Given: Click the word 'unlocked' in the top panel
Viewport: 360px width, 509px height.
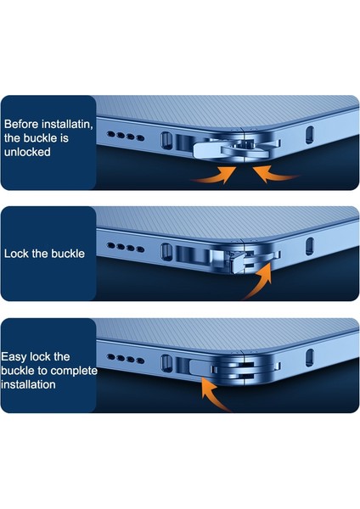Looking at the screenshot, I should point(27,154).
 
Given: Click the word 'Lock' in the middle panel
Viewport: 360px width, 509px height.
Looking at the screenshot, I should point(17,253).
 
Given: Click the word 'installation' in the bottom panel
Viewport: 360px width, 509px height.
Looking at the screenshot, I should point(30,384).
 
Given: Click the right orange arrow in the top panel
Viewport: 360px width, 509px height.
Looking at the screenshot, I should point(276,174).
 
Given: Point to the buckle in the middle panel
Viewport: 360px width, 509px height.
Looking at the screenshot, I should point(245,255).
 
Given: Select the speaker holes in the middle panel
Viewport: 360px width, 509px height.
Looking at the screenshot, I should point(129,248).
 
